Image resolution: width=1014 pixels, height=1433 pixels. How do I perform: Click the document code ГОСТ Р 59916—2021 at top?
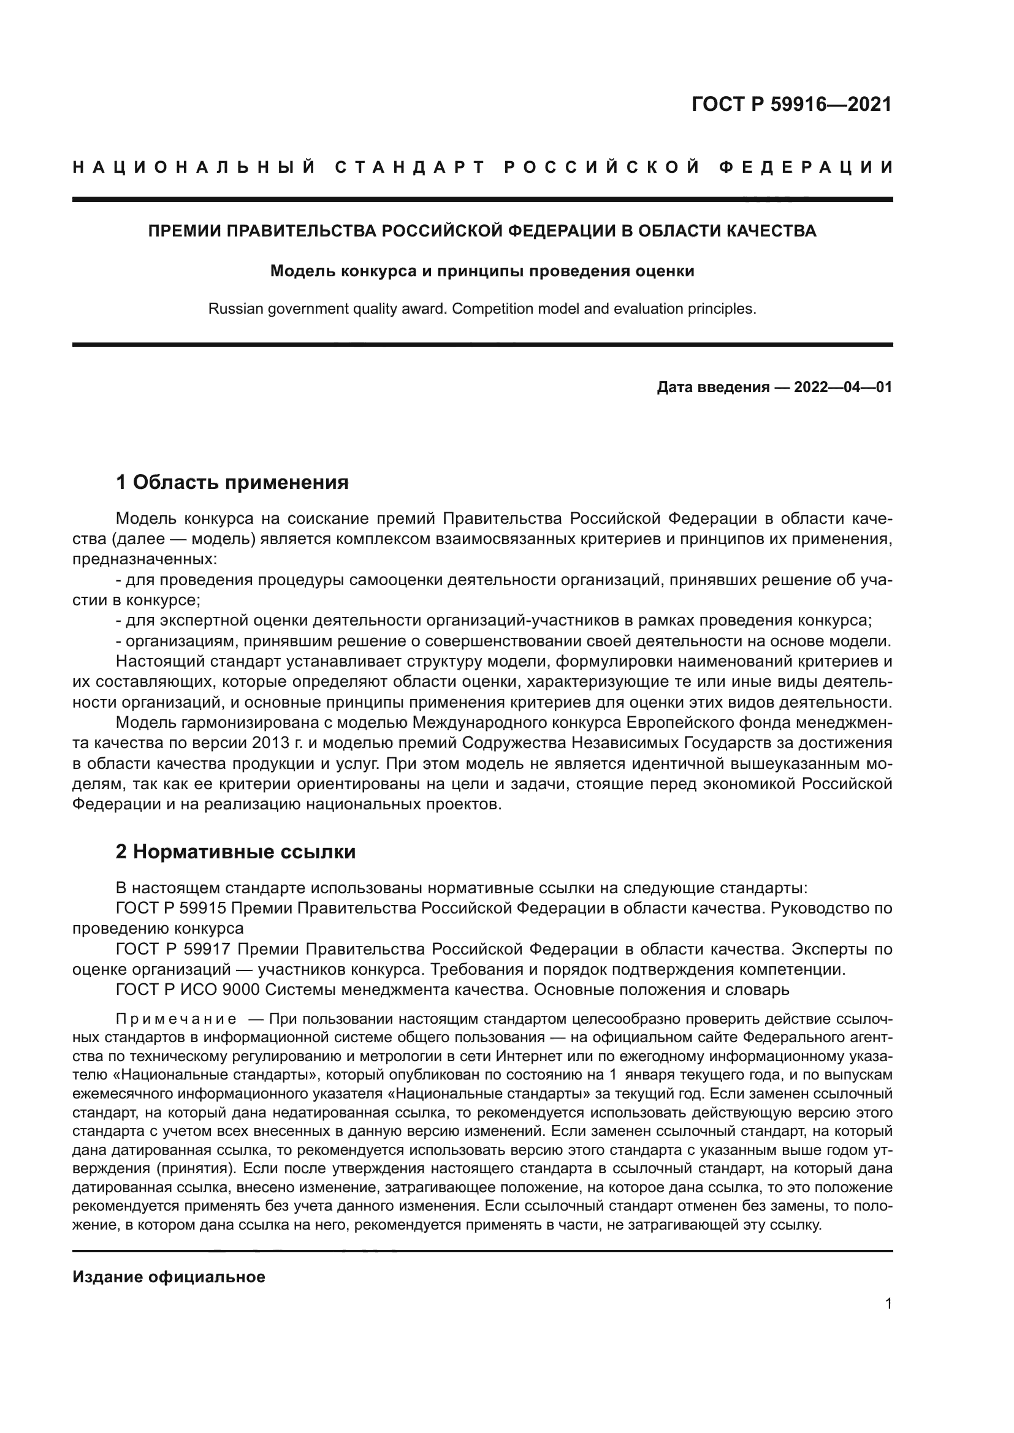click(x=791, y=104)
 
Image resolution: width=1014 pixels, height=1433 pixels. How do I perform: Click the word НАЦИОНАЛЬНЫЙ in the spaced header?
click(x=195, y=167)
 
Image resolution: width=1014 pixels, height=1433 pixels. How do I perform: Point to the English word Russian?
click(x=235, y=309)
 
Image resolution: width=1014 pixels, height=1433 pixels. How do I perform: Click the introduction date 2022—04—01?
click(x=843, y=388)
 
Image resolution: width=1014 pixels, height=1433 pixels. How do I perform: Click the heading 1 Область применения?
click(x=232, y=482)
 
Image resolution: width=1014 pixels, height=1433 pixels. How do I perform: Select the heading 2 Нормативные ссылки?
click(x=235, y=852)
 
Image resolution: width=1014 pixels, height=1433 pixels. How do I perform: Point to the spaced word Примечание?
click(x=176, y=1020)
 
